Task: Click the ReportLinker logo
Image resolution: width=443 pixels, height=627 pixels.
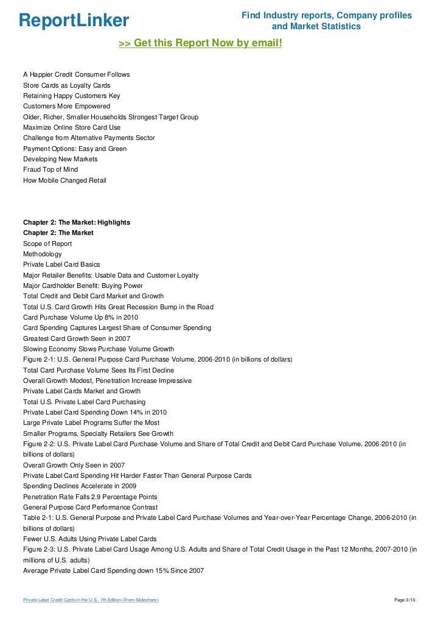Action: [74, 21]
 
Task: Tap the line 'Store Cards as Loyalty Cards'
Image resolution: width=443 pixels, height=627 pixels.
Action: [66, 85]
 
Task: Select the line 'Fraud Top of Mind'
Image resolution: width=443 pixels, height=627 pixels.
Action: [51, 169]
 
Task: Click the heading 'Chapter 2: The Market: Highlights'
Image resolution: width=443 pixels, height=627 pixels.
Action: [77, 223]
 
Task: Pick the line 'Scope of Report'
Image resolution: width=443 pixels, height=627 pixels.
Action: [47, 243]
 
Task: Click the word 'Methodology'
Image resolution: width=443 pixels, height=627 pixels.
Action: [42, 254]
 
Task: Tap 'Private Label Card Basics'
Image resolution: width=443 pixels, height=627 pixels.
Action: [61, 265]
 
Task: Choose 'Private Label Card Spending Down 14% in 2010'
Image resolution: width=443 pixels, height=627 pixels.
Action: [95, 412]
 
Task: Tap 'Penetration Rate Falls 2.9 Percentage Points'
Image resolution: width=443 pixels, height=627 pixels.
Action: [90, 497]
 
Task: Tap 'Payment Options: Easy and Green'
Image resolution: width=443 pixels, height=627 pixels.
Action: [75, 149]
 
